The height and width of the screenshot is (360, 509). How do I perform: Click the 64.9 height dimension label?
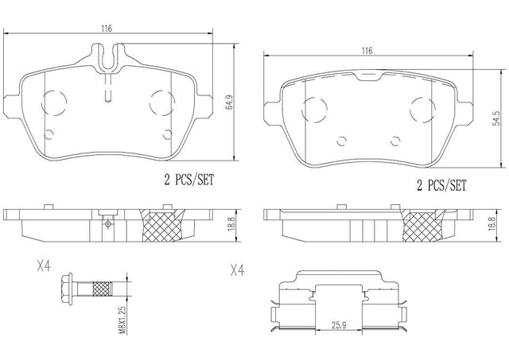coord(230,103)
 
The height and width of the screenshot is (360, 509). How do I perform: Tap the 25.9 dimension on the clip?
coord(339,325)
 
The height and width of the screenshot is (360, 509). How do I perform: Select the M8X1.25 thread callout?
coord(122,320)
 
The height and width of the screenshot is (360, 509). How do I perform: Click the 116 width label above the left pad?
coord(107,29)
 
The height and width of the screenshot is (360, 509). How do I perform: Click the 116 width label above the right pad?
coord(367,51)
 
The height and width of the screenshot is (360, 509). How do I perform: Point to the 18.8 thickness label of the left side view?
coord(231,224)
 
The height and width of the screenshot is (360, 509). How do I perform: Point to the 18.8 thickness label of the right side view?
coord(492,224)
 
